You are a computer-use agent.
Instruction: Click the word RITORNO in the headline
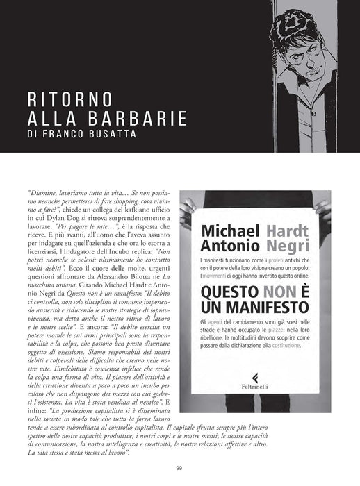click(65, 99)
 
